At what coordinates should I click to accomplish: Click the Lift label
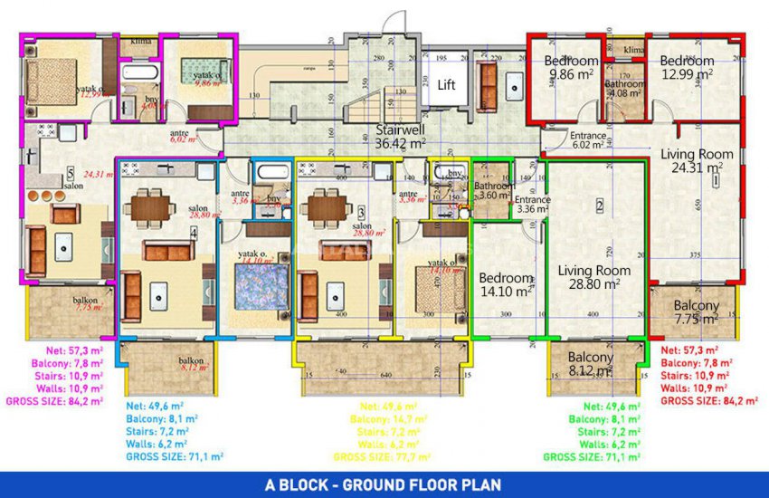[446, 85]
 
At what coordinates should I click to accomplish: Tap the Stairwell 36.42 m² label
[401, 137]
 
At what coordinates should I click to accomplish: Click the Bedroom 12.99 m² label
[687, 68]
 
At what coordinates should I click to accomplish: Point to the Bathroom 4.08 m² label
[624, 88]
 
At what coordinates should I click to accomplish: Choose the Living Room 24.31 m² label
[697, 160]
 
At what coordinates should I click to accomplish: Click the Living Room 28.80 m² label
[593, 277]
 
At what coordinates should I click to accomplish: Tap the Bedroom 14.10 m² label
[506, 284]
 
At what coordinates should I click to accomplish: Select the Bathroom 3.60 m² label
[494, 191]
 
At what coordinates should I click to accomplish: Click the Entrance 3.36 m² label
[533, 204]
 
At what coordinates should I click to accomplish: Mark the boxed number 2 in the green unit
[599, 206]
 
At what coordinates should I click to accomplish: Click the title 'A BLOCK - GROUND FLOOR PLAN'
[384, 485]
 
